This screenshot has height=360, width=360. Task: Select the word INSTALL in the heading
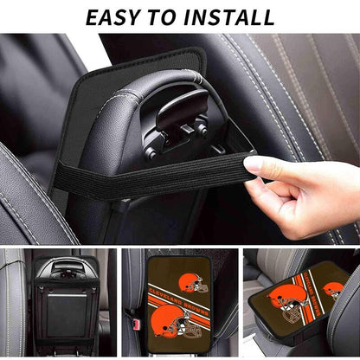pos(229,17)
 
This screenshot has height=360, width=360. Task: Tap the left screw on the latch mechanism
pos(151,153)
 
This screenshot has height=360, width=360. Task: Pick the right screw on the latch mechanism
pos(202,131)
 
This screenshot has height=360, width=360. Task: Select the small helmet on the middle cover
pos(193,283)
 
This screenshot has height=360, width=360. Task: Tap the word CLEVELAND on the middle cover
pos(164,295)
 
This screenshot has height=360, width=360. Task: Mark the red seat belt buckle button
pos(136,322)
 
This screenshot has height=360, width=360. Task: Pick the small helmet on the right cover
pos(334,290)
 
